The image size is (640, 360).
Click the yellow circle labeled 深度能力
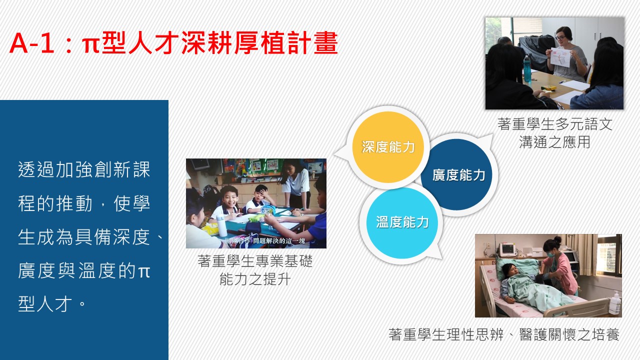tap(387, 147)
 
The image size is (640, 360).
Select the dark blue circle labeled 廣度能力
tap(456, 174)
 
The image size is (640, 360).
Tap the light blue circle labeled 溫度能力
tap(402, 223)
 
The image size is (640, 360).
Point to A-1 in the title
tap(31, 43)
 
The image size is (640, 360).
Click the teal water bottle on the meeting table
tap(527, 68)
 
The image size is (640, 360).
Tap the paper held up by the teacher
tap(560, 57)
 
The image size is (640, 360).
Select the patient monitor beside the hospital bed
tap(507, 249)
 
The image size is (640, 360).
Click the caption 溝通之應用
tap(554, 142)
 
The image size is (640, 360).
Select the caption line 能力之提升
tap(255, 279)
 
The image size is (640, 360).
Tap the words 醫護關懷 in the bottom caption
tap(547, 334)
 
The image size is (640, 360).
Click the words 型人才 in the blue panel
tap(45, 303)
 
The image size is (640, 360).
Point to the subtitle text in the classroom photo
tap(264, 241)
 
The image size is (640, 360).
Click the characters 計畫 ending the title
tap(312, 43)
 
